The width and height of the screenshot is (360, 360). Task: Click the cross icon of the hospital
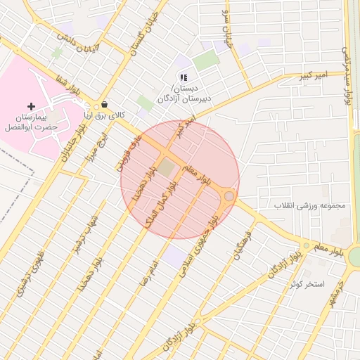[31, 105]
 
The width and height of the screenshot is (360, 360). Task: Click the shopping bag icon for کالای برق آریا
[105, 103]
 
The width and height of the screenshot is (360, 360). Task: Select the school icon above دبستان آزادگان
[183, 77]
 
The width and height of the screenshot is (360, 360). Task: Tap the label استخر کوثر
[307, 284]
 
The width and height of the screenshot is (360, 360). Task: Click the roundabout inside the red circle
[229, 196]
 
